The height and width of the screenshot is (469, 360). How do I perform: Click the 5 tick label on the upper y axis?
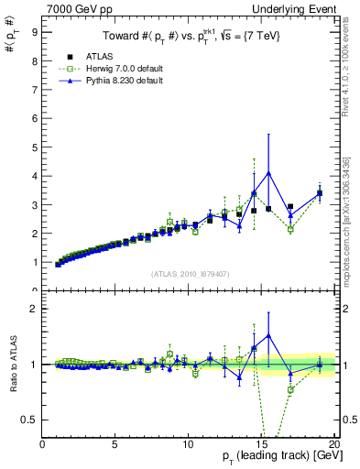pyautogui.click(x=34, y=147)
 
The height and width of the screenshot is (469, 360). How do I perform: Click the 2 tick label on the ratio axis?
pyautogui.click(x=34, y=309)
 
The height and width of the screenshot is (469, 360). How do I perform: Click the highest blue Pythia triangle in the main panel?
pyautogui.click(x=268, y=172)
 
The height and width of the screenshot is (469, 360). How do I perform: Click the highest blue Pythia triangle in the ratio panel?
pyautogui.click(x=268, y=336)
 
